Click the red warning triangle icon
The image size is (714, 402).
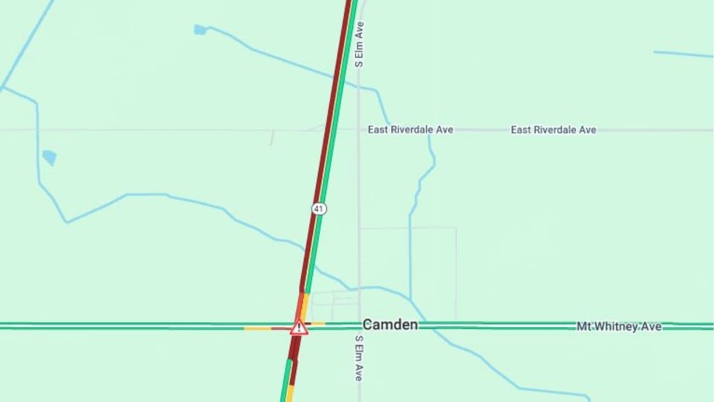click(299, 327)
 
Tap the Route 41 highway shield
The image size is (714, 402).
click(319, 209)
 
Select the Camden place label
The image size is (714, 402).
click(390, 324)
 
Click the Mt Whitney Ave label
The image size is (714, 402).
click(619, 327)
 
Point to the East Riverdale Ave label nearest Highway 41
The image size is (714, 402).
click(410, 130)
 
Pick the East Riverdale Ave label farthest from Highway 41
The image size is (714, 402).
click(553, 130)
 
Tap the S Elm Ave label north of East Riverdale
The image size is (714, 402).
click(360, 45)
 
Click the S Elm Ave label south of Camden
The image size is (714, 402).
click(359, 358)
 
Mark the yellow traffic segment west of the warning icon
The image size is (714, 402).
click(258, 328)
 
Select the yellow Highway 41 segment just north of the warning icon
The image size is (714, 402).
click(305, 304)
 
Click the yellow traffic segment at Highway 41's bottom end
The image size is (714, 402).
click(290, 394)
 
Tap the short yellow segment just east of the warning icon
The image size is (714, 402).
click(318, 324)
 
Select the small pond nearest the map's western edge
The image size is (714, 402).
click(50, 157)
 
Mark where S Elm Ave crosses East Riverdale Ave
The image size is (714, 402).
click(359, 130)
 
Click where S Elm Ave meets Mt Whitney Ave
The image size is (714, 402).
click(359, 326)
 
